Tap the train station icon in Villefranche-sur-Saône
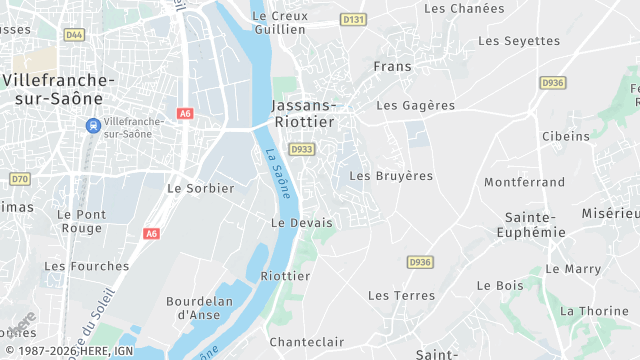[x=92, y=125]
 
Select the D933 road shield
[x=301, y=149]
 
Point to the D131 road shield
[x=352, y=19]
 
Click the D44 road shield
[x=74, y=34]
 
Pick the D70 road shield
[x=19, y=179]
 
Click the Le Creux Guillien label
[x=279, y=22]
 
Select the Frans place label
[x=392, y=66]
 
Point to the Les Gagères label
[x=415, y=105]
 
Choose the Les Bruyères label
[x=391, y=175]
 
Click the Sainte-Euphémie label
[x=530, y=224]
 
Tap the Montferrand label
[x=525, y=182]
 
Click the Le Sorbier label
[x=200, y=188]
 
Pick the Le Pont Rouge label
[x=81, y=221]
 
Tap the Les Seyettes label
[x=519, y=41]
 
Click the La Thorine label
[x=594, y=311]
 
